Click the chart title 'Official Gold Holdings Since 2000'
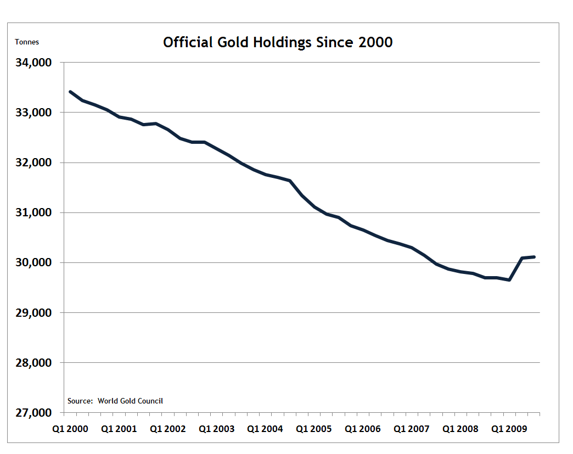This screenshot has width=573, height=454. [x=278, y=42]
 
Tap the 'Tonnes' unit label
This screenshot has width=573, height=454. [x=27, y=42]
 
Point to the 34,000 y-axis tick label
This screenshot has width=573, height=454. [x=34, y=63]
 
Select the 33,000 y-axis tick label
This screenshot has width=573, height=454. [x=34, y=113]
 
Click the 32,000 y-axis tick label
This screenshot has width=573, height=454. [x=34, y=162]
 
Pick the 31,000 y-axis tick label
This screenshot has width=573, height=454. [x=34, y=212]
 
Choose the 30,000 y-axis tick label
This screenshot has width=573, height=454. [x=34, y=262]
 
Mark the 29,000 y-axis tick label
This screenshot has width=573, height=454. [x=34, y=313]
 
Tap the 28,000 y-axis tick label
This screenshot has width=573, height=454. [x=34, y=363]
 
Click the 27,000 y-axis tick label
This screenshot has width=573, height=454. [x=34, y=413]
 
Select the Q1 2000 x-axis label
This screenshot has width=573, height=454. [x=70, y=429]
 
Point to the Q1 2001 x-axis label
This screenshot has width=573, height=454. [x=119, y=429]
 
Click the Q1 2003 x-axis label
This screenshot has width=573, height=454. [x=216, y=429]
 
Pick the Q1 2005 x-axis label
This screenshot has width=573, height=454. [x=314, y=429]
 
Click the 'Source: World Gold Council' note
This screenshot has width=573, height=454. [x=115, y=401]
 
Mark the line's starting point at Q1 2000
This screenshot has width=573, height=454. [x=70, y=92]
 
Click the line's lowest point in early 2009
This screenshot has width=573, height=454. [x=509, y=280]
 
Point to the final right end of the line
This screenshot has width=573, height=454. [x=534, y=257]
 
